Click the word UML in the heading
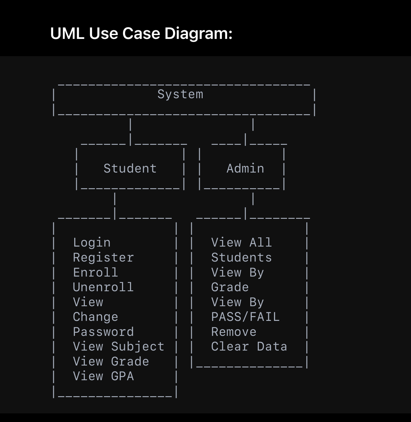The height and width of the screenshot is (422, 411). [67, 33]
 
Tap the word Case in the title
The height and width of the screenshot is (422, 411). [141, 33]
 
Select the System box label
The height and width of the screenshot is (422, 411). [180, 94]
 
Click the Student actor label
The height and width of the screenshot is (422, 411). [130, 168]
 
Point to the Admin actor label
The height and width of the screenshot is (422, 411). [245, 168]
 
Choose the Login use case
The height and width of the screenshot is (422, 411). [92, 243]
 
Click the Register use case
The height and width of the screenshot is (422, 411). [103, 257]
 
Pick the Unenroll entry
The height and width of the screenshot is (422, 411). [103, 287]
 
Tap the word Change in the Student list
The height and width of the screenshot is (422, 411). [96, 317]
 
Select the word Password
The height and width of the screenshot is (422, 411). [103, 332]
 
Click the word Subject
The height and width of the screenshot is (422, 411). [138, 346]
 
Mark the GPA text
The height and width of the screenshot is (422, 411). [122, 376]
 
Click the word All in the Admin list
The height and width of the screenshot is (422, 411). [261, 242]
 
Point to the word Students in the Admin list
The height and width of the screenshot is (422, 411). [242, 257]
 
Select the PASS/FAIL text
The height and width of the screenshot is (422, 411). [245, 317]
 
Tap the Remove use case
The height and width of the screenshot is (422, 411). [234, 332]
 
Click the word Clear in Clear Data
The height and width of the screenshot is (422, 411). [230, 346]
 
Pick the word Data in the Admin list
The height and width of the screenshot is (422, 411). [272, 346]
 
